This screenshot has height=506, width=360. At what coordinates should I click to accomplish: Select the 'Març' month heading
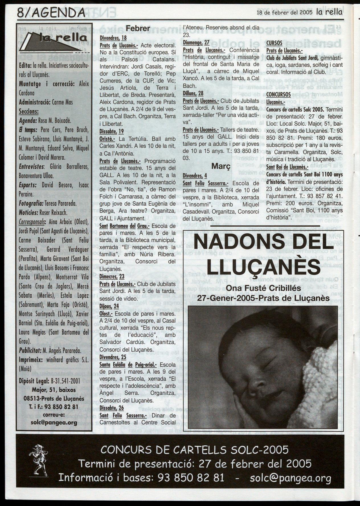pyautogui.click(x=220, y=166)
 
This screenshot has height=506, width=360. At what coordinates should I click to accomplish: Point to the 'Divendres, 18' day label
pyautogui.click(x=113, y=38)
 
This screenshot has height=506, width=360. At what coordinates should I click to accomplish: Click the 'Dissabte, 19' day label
pyautogui.click(x=112, y=131)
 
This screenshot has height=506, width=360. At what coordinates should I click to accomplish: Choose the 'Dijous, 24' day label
pyautogui.click(x=109, y=306)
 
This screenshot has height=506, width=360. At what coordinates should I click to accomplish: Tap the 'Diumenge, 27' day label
pyautogui.click(x=196, y=43)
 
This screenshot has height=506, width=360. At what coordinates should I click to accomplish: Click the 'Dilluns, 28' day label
pyautogui.click(x=193, y=93)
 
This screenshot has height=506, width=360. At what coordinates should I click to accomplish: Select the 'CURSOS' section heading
pyautogui.click(x=274, y=43)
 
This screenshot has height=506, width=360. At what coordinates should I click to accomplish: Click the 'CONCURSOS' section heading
pyautogui.click(x=279, y=94)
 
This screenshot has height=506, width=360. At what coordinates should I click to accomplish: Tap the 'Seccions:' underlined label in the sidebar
pyautogui.click(x=29, y=111)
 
